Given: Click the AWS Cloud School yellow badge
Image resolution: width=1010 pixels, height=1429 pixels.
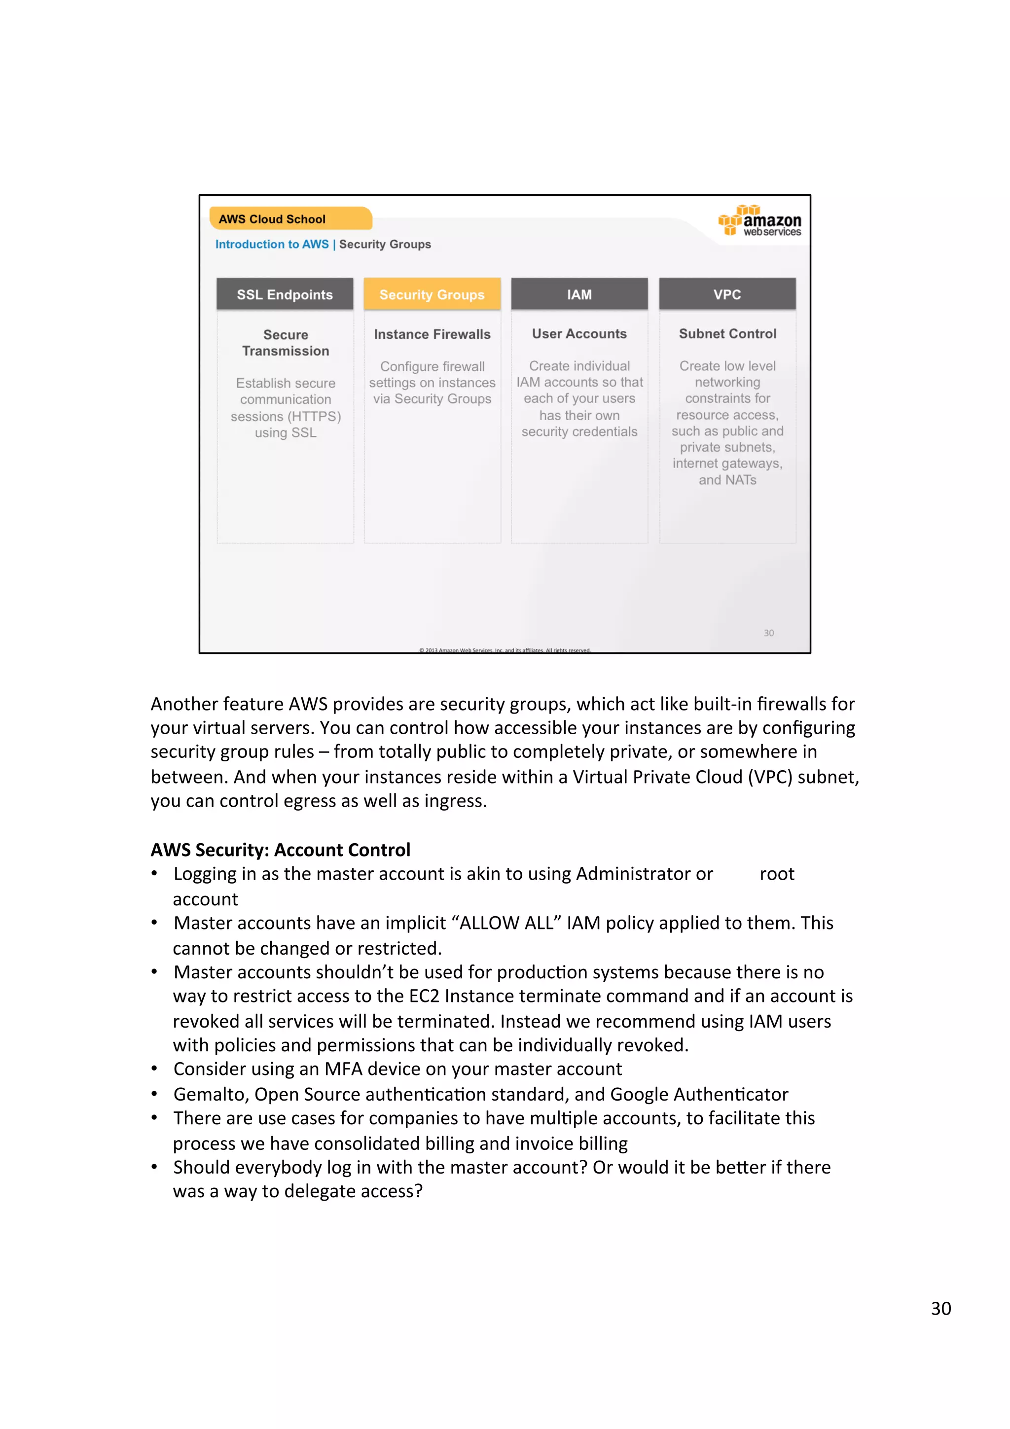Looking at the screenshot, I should (x=290, y=219).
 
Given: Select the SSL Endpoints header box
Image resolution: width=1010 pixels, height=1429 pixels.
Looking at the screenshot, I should (x=285, y=294).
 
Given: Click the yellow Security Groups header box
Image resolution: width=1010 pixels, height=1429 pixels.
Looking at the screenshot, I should (x=432, y=294).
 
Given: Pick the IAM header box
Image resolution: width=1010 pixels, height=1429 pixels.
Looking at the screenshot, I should (x=579, y=294).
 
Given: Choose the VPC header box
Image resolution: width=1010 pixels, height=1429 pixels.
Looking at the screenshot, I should (x=727, y=294).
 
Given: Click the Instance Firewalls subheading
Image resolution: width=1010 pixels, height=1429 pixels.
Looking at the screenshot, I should (x=432, y=334).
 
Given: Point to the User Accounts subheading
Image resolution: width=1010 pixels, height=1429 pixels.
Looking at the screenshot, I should (x=579, y=334).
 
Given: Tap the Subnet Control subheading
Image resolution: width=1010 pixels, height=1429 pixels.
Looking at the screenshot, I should (x=727, y=334).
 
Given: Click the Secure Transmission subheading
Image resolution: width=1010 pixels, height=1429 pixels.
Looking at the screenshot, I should (x=285, y=343).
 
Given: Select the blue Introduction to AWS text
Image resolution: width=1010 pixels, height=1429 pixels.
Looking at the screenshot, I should (x=271, y=244).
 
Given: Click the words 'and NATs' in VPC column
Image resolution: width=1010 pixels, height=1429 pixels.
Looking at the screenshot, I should (x=727, y=480).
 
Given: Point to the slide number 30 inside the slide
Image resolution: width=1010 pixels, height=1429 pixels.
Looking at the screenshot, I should (x=768, y=633).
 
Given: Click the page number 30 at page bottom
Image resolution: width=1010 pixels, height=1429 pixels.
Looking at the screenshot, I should (x=940, y=1308).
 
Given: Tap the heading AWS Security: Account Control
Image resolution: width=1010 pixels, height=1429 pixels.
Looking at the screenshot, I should (x=280, y=850).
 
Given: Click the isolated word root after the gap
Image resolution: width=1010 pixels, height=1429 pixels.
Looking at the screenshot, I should (x=777, y=874).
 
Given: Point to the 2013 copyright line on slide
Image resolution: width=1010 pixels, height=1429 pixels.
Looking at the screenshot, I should (x=504, y=650).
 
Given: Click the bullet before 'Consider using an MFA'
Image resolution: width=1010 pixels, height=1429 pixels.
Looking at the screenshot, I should (x=154, y=1069).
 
